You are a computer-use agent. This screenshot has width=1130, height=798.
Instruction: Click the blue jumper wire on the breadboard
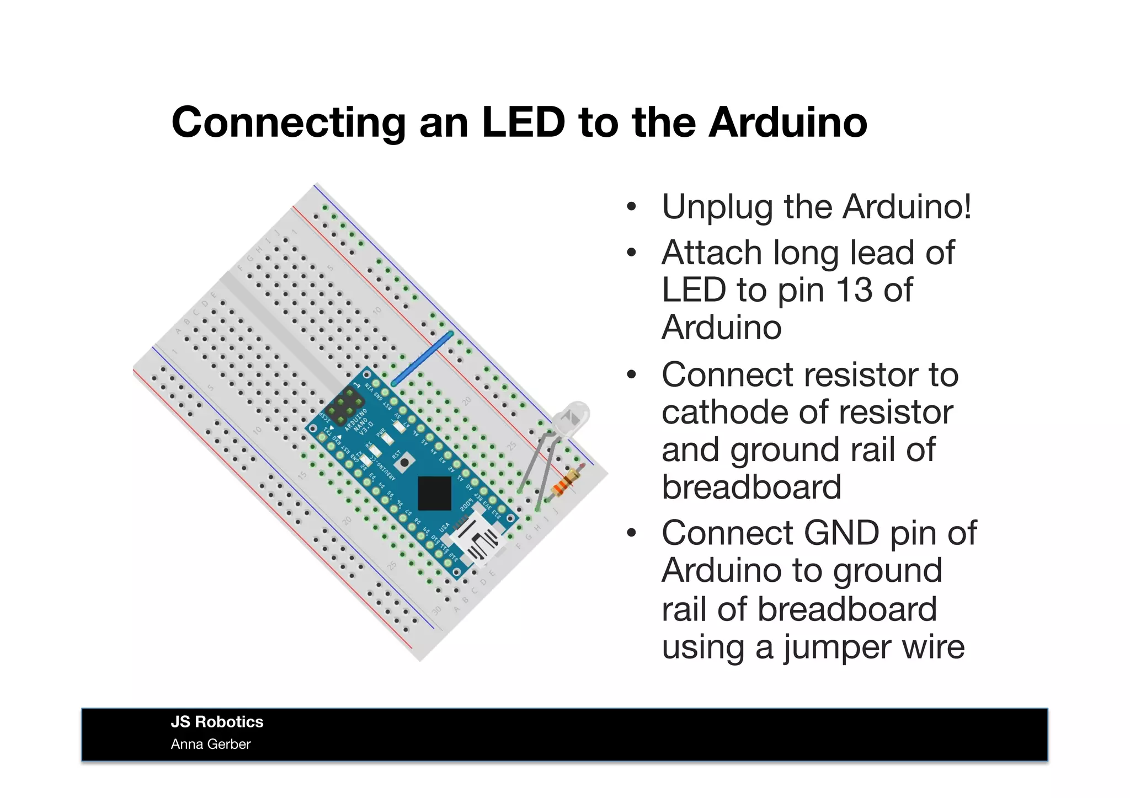tap(422, 358)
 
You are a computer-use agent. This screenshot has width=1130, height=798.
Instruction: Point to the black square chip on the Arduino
tap(435, 492)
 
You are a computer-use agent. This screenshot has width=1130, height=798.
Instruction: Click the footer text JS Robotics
tap(217, 722)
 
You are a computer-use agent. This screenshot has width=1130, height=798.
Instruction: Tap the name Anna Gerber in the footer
tap(210, 745)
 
